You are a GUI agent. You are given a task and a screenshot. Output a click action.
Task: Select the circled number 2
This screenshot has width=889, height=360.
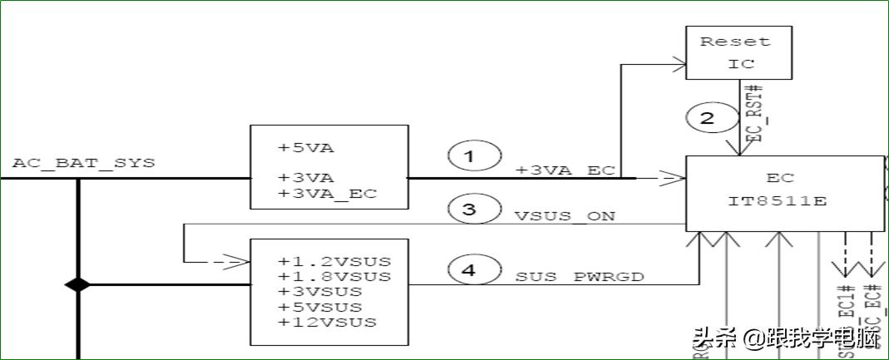point(707,119)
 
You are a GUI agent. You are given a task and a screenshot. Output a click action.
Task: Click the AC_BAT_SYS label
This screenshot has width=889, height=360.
point(83,163)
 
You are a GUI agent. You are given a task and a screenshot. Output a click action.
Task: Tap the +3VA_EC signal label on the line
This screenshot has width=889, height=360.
point(565,170)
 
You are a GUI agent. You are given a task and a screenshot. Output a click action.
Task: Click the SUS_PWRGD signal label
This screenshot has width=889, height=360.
point(580,277)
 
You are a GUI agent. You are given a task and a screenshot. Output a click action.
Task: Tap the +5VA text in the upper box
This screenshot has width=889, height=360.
point(305,149)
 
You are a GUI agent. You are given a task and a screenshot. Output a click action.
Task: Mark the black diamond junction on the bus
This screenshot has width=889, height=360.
point(77,285)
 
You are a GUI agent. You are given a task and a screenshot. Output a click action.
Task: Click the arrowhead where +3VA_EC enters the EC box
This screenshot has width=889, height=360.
point(669,177)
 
